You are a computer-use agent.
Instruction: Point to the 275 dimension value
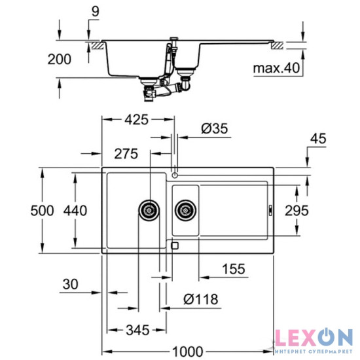125,154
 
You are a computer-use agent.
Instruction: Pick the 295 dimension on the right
297,210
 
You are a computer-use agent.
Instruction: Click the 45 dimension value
318,138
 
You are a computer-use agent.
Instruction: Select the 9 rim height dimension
96,10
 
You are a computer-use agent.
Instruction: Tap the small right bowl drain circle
186,211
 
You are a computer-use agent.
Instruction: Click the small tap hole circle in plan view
175,175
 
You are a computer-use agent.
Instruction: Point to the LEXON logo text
313,338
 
